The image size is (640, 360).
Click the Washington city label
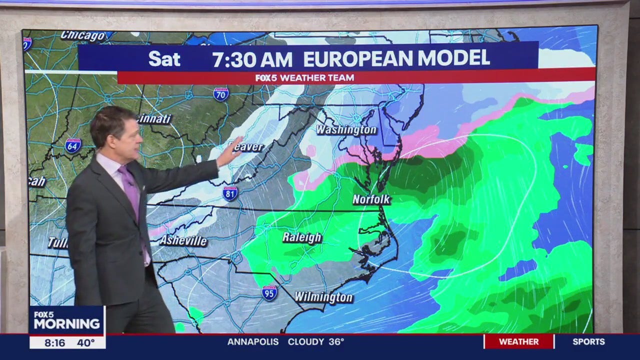346,130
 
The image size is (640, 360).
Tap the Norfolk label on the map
371,199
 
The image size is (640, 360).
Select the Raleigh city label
301,237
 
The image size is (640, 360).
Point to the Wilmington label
323,297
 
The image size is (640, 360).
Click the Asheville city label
183,240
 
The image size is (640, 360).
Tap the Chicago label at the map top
83,35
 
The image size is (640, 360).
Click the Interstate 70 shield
221,94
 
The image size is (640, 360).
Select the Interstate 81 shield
230,193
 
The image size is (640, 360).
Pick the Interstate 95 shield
269,293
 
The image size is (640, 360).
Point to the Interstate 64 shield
73,145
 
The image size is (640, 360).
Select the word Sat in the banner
164,59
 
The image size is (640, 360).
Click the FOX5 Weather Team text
304,78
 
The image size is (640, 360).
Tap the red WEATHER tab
519,342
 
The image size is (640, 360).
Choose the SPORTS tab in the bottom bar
588,342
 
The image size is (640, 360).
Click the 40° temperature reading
85,343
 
